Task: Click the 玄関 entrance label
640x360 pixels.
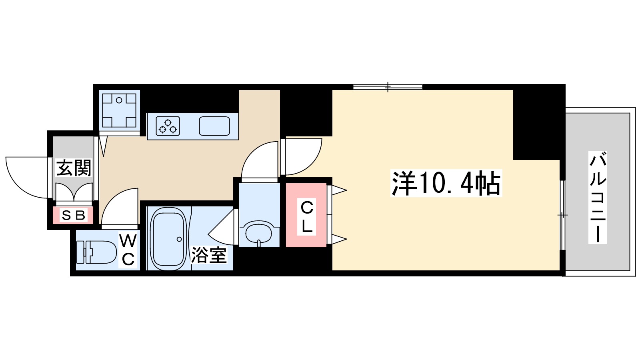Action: click(74, 168)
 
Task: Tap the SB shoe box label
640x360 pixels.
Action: click(74, 216)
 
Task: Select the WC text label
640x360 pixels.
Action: click(128, 250)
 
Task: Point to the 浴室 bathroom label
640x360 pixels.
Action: click(209, 255)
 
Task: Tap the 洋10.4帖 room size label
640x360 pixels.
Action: click(446, 184)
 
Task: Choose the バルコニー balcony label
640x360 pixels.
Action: click(598, 198)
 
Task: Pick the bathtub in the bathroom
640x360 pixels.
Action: click(168, 239)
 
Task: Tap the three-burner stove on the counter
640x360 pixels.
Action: click(168, 126)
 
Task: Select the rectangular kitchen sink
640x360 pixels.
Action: click(214, 126)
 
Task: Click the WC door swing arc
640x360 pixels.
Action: click(118, 207)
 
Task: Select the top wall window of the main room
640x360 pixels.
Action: click(388, 87)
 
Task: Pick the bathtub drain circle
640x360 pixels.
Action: click(179, 240)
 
